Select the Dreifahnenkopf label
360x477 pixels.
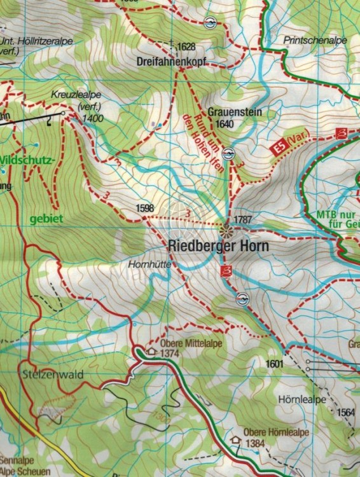click(x=172, y=62)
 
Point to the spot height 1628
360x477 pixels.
click(x=186, y=46)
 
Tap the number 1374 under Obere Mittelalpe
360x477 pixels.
click(x=170, y=353)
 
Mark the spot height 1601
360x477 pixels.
click(x=274, y=363)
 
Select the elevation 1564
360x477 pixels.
click(x=346, y=412)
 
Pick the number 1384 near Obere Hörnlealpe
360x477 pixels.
click(x=254, y=442)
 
